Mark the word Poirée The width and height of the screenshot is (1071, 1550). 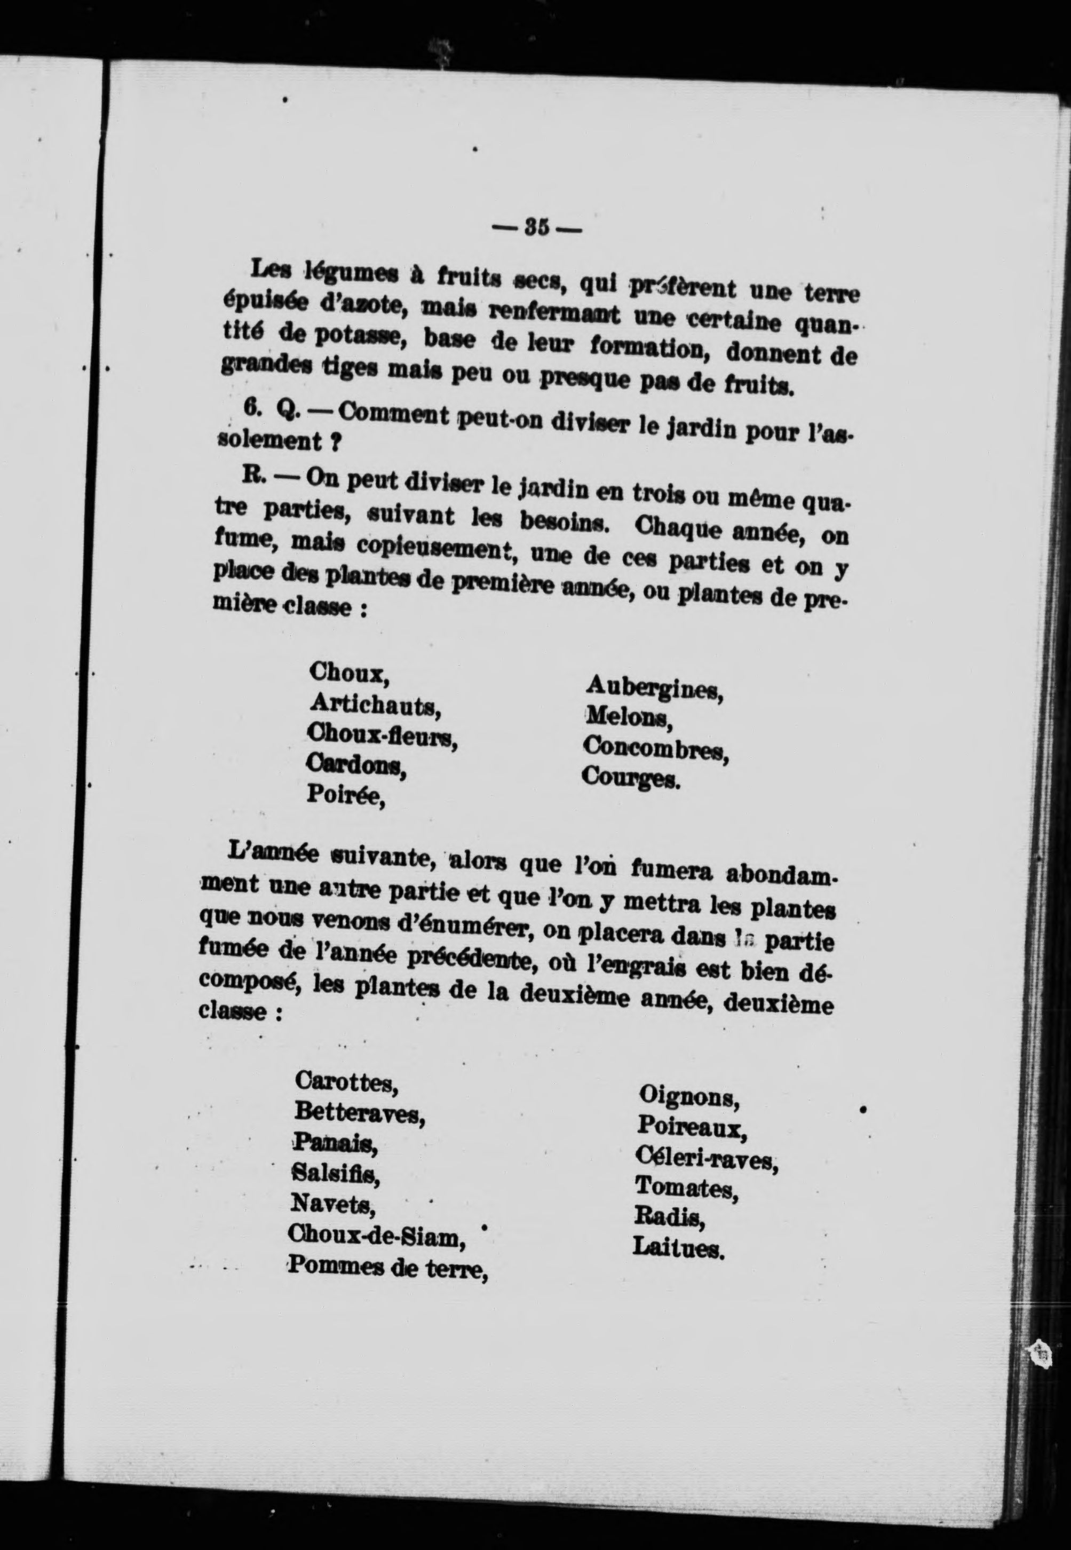tap(346, 796)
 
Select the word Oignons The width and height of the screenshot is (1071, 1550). tap(688, 1096)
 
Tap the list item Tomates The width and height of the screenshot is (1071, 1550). tap(686, 1188)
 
